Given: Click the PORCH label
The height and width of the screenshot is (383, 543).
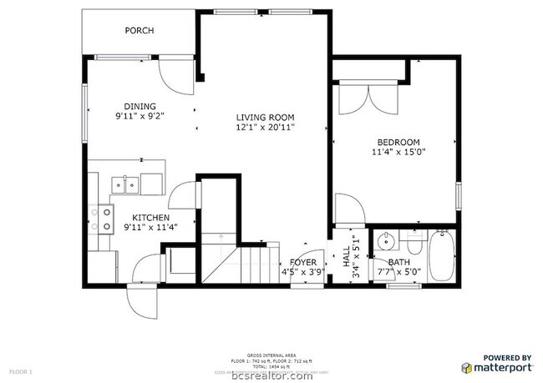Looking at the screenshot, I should (x=140, y=31).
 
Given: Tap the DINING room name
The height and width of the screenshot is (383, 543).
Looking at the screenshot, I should (x=140, y=106).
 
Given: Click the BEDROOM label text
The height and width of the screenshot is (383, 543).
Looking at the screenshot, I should (x=398, y=142).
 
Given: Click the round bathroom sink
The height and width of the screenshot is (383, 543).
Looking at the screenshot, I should (x=385, y=243).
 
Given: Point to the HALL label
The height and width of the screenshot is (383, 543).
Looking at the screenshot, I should (x=346, y=257).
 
